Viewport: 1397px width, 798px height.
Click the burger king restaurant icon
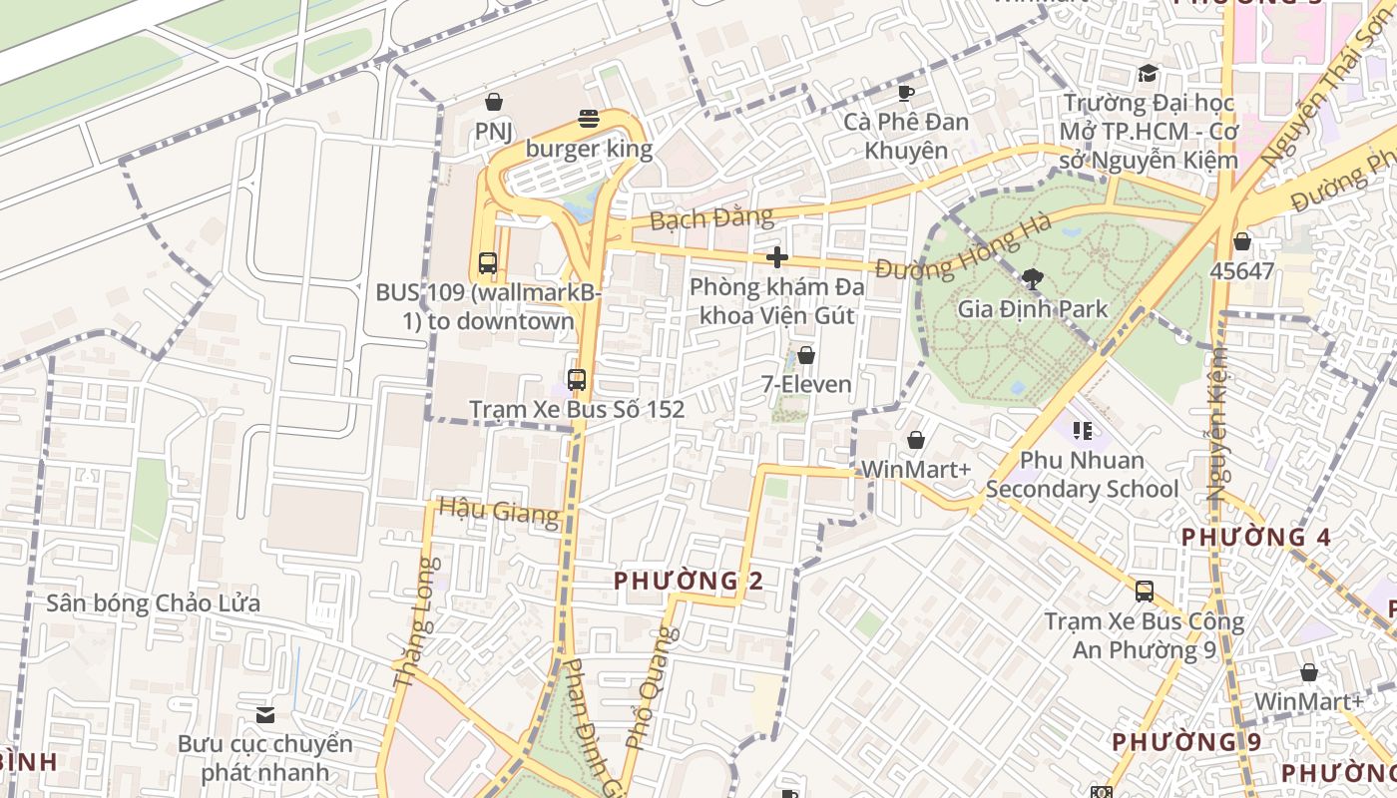589,120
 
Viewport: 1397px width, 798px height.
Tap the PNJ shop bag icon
493,102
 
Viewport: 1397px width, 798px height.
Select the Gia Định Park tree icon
1033,279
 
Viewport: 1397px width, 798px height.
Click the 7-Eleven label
806,384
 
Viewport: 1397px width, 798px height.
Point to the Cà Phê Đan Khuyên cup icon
906,93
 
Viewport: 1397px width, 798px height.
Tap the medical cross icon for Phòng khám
777,257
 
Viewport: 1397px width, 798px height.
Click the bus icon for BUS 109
488,263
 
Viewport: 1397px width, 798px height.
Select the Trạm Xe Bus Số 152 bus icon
577,380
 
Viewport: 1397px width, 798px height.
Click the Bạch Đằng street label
711,217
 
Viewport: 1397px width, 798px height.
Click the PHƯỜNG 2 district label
689,581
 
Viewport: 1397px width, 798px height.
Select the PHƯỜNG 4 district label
1255,538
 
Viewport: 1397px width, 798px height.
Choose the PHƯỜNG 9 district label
1186,742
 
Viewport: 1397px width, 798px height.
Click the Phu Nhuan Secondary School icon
1082,431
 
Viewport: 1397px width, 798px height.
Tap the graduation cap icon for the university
1148,74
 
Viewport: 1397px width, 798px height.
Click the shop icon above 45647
1242,241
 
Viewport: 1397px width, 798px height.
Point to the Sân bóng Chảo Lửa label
154,603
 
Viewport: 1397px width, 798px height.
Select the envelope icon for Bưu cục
265,715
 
